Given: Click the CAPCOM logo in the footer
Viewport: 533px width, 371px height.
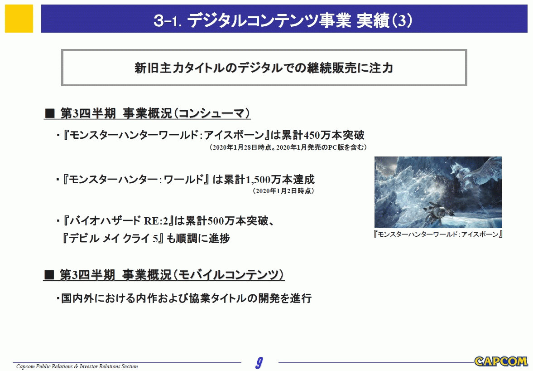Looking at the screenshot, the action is click(x=500, y=361).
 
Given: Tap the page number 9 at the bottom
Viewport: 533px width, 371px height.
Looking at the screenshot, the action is click(x=259, y=363).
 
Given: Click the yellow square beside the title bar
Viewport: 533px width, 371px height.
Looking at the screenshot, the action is click(x=19, y=19).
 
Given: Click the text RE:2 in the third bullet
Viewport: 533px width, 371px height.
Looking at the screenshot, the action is click(x=156, y=221).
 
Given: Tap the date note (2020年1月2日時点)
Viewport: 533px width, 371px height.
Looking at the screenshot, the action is click(x=283, y=191).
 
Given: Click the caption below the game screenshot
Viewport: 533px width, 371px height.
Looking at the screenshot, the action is click(x=438, y=234).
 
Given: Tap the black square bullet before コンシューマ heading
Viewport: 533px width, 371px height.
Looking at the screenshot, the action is click(x=50, y=113).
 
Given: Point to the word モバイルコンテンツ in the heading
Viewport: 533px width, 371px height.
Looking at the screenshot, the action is click(x=228, y=275).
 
